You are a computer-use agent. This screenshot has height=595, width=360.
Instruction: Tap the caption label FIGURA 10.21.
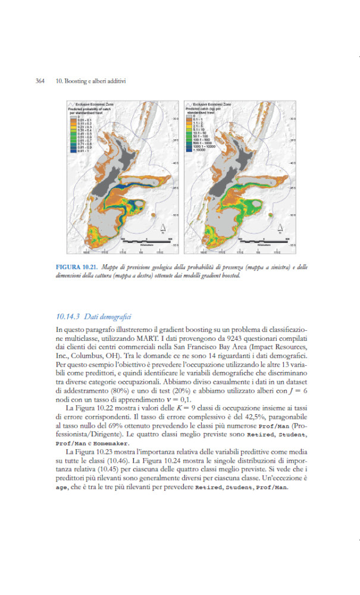coord(77,266)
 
